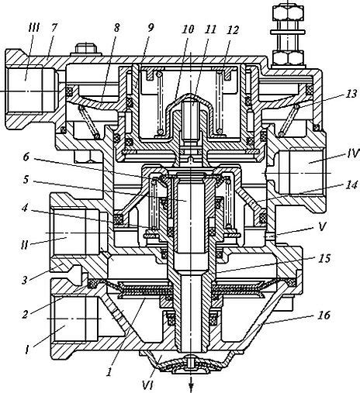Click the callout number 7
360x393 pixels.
(x=54, y=27)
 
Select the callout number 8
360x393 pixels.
(x=117, y=28)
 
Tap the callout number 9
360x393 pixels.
(x=151, y=28)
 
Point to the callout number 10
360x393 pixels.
(x=188, y=29)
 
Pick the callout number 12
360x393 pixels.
(x=233, y=30)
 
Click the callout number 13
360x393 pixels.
(x=351, y=94)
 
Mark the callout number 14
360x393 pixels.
(x=351, y=185)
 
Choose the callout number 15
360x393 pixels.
(x=324, y=258)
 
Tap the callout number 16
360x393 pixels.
(x=324, y=315)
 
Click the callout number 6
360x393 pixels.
(x=26, y=157)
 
